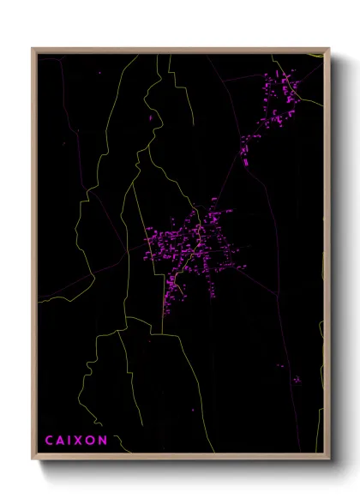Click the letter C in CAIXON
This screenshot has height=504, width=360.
pos(50,441)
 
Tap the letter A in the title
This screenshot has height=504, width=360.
pos(62,441)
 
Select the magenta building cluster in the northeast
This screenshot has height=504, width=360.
pos(279,94)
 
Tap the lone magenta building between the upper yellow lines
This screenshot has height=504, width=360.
pos(151,117)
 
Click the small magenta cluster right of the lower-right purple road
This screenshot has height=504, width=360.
pos(297,379)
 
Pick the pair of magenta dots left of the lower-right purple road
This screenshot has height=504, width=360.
pos(280,366)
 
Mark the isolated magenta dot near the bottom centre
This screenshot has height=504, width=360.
pos(193,410)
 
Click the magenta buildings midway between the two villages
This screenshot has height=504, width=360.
pos(244,150)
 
